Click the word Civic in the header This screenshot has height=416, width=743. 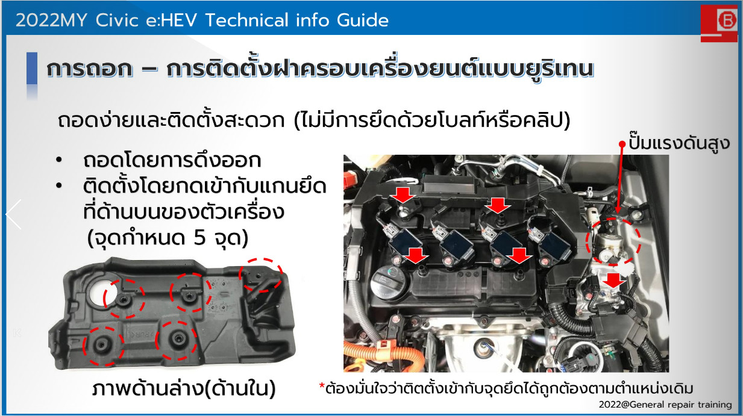pyautogui.click(x=117, y=20)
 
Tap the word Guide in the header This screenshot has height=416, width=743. pyautogui.click(x=363, y=20)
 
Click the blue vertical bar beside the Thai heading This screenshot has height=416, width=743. pyautogui.click(x=32, y=68)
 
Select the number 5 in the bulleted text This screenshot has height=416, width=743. pyautogui.click(x=199, y=237)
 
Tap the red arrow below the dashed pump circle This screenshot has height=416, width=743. pyautogui.click(x=613, y=280)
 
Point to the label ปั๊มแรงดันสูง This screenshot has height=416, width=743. pyautogui.click(x=679, y=143)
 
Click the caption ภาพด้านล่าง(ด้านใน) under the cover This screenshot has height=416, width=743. pyautogui.click(x=184, y=388)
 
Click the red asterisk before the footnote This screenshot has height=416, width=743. pyautogui.click(x=321, y=386)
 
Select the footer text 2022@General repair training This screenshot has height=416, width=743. pyautogui.click(x=665, y=405)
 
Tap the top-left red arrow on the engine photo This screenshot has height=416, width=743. pyautogui.click(x=403, y=195)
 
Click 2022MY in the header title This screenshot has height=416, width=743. pyautogui.click(x=51, y=20)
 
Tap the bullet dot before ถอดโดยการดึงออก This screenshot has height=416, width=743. pyautogui.click(x=59, y=160)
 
